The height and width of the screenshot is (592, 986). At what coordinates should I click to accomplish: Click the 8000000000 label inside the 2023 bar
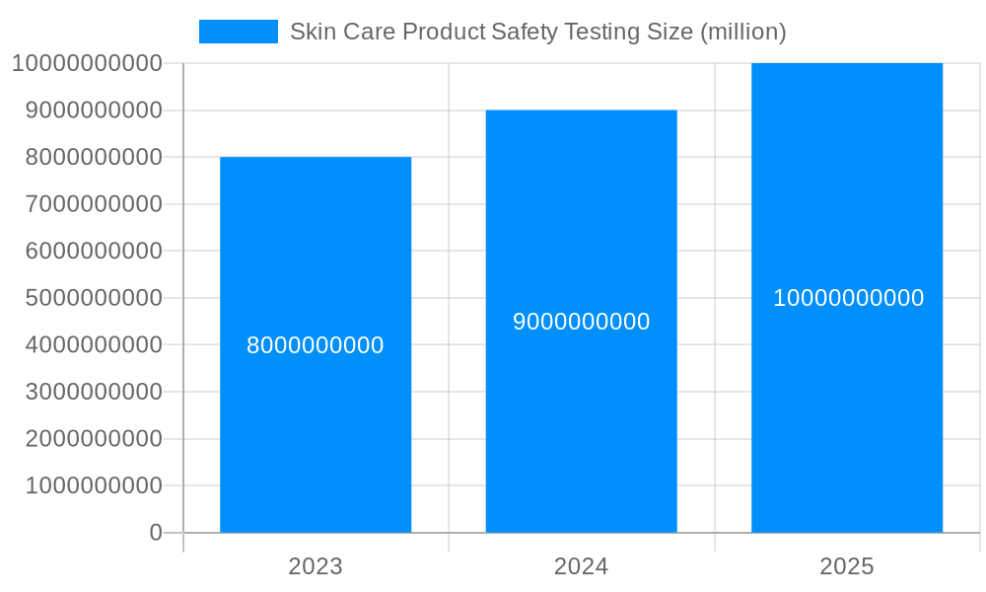click(316, 346)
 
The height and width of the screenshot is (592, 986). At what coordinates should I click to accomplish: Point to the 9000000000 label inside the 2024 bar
click(582, 323)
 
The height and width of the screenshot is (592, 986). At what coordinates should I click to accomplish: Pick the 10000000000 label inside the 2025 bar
click(848, 298)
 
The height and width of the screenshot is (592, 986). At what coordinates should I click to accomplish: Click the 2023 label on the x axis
click(316, 566)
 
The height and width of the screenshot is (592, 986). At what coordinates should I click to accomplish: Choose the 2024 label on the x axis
click(582, 566)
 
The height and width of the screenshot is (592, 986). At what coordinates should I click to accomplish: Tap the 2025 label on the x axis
click(847, 566)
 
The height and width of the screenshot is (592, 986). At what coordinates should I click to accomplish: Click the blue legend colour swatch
click(239, 32)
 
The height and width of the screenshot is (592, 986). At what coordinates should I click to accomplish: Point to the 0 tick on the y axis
click(156, 533)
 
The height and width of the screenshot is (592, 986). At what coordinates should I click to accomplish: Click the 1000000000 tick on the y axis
click(94, 485)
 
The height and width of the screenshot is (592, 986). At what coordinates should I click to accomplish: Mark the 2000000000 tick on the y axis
click(94, 439)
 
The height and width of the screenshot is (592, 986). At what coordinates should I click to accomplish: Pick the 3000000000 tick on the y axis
click(94, 392)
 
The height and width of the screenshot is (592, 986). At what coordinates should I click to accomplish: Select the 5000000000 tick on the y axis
click(94, 298)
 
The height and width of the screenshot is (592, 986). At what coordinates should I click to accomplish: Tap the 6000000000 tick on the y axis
click(94, 251)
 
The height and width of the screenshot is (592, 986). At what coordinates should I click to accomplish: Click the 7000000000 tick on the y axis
click(94, 204)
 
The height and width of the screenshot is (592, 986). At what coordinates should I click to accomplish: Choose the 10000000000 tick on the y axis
click(87, 63)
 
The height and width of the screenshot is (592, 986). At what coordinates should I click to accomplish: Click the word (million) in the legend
click(742, 32)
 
